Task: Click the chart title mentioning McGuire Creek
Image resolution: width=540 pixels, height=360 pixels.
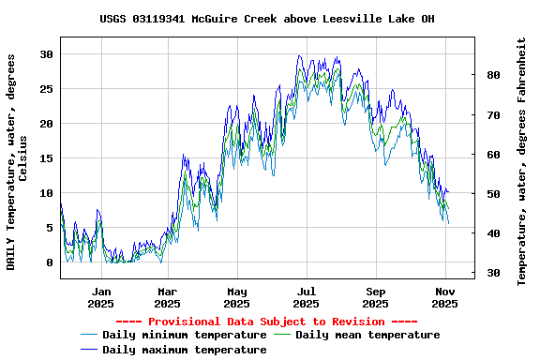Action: point(267,19)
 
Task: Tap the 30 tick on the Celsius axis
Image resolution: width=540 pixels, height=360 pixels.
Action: point(46,54)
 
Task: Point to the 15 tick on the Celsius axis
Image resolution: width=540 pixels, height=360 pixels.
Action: point(46,158)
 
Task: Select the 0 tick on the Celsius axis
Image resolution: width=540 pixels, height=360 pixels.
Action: point(50,262)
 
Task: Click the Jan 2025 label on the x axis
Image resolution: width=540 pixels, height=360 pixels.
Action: point(100,297)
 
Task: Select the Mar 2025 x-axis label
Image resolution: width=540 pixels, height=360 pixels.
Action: point(167,297)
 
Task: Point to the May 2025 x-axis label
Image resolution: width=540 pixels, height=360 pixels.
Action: point(236,297)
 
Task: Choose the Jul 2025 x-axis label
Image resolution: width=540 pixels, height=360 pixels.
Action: point(306,297)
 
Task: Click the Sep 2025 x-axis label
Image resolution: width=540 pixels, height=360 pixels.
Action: point(375,297)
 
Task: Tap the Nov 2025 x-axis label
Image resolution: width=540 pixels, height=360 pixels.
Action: point(444,297)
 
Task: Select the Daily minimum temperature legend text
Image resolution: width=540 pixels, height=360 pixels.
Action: point(185,335)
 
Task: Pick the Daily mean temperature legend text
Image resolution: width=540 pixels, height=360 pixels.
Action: point(367,335)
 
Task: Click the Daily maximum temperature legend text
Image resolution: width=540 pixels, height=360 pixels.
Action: point(185,350)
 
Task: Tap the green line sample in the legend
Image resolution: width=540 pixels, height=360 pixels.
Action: point(282,335)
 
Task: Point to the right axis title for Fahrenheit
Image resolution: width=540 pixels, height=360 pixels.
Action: point(522,161)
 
